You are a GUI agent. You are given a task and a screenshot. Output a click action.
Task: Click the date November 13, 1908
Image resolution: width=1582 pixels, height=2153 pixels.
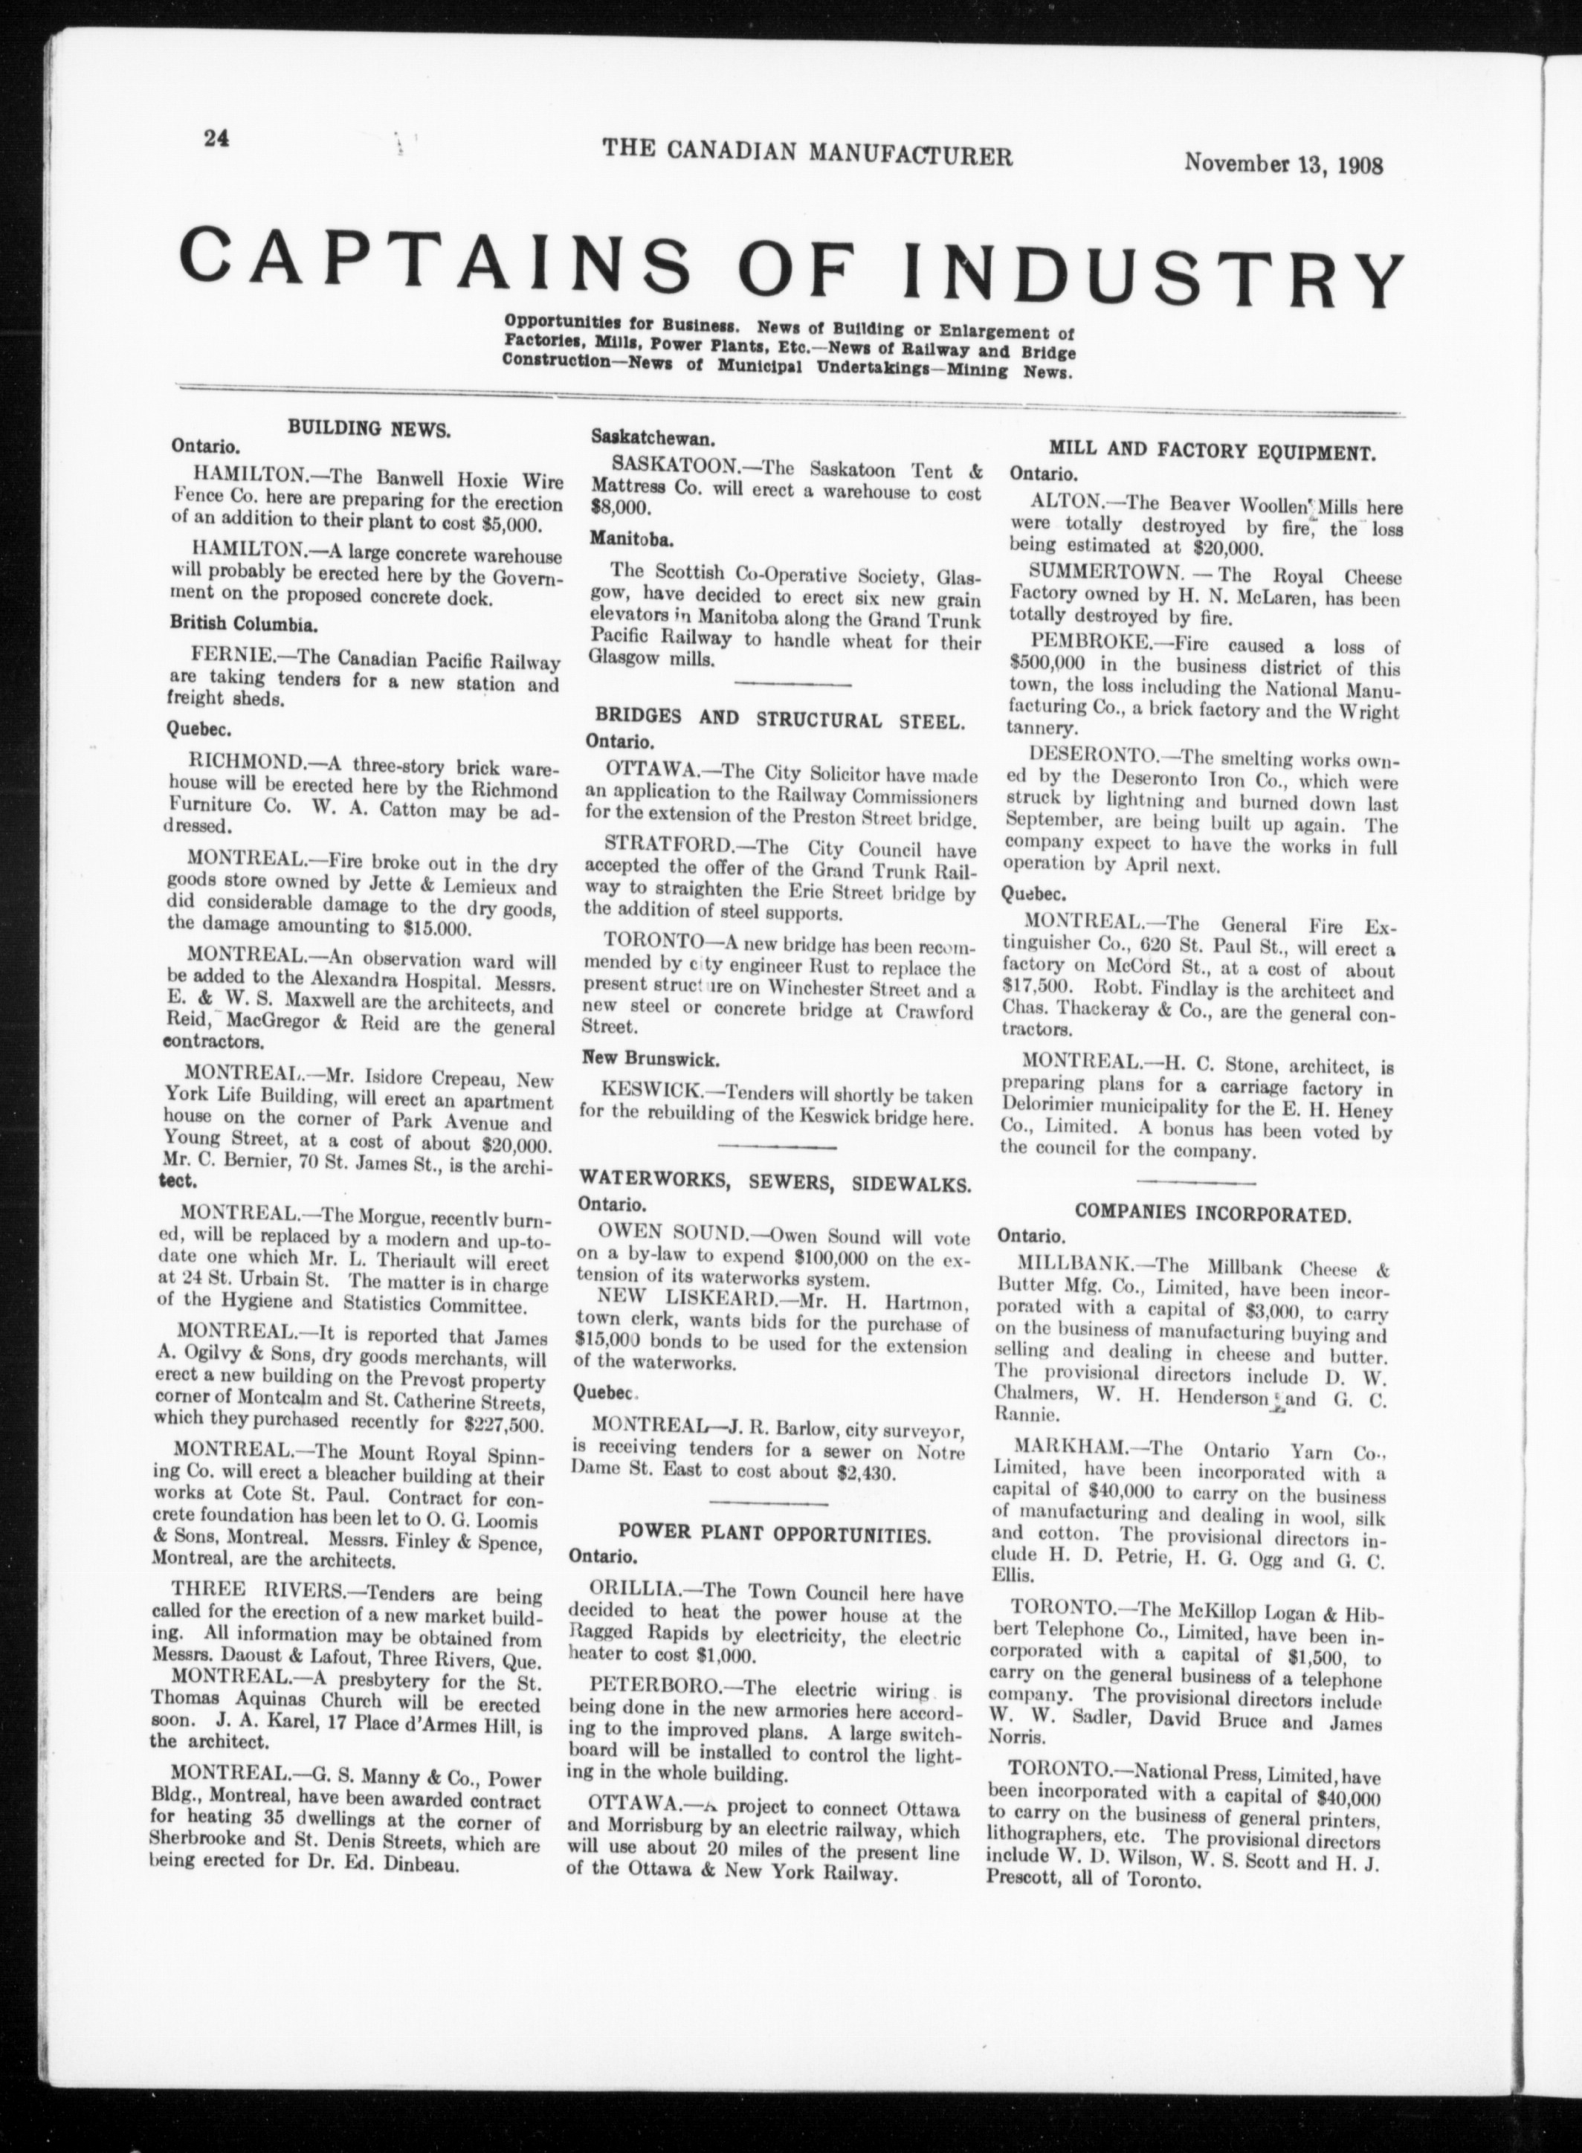coord(1283,162)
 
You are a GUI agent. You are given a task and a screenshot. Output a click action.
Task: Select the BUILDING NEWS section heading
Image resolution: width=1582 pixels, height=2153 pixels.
coord(369,429)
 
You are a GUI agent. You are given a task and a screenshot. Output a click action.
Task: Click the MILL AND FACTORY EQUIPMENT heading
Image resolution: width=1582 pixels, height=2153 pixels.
coord(1213,449)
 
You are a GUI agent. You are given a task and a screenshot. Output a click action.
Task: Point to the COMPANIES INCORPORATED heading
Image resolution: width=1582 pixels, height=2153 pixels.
coord(1213,1213)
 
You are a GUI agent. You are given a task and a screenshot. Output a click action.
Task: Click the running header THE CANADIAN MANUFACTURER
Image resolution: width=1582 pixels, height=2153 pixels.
coord(807,153)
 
